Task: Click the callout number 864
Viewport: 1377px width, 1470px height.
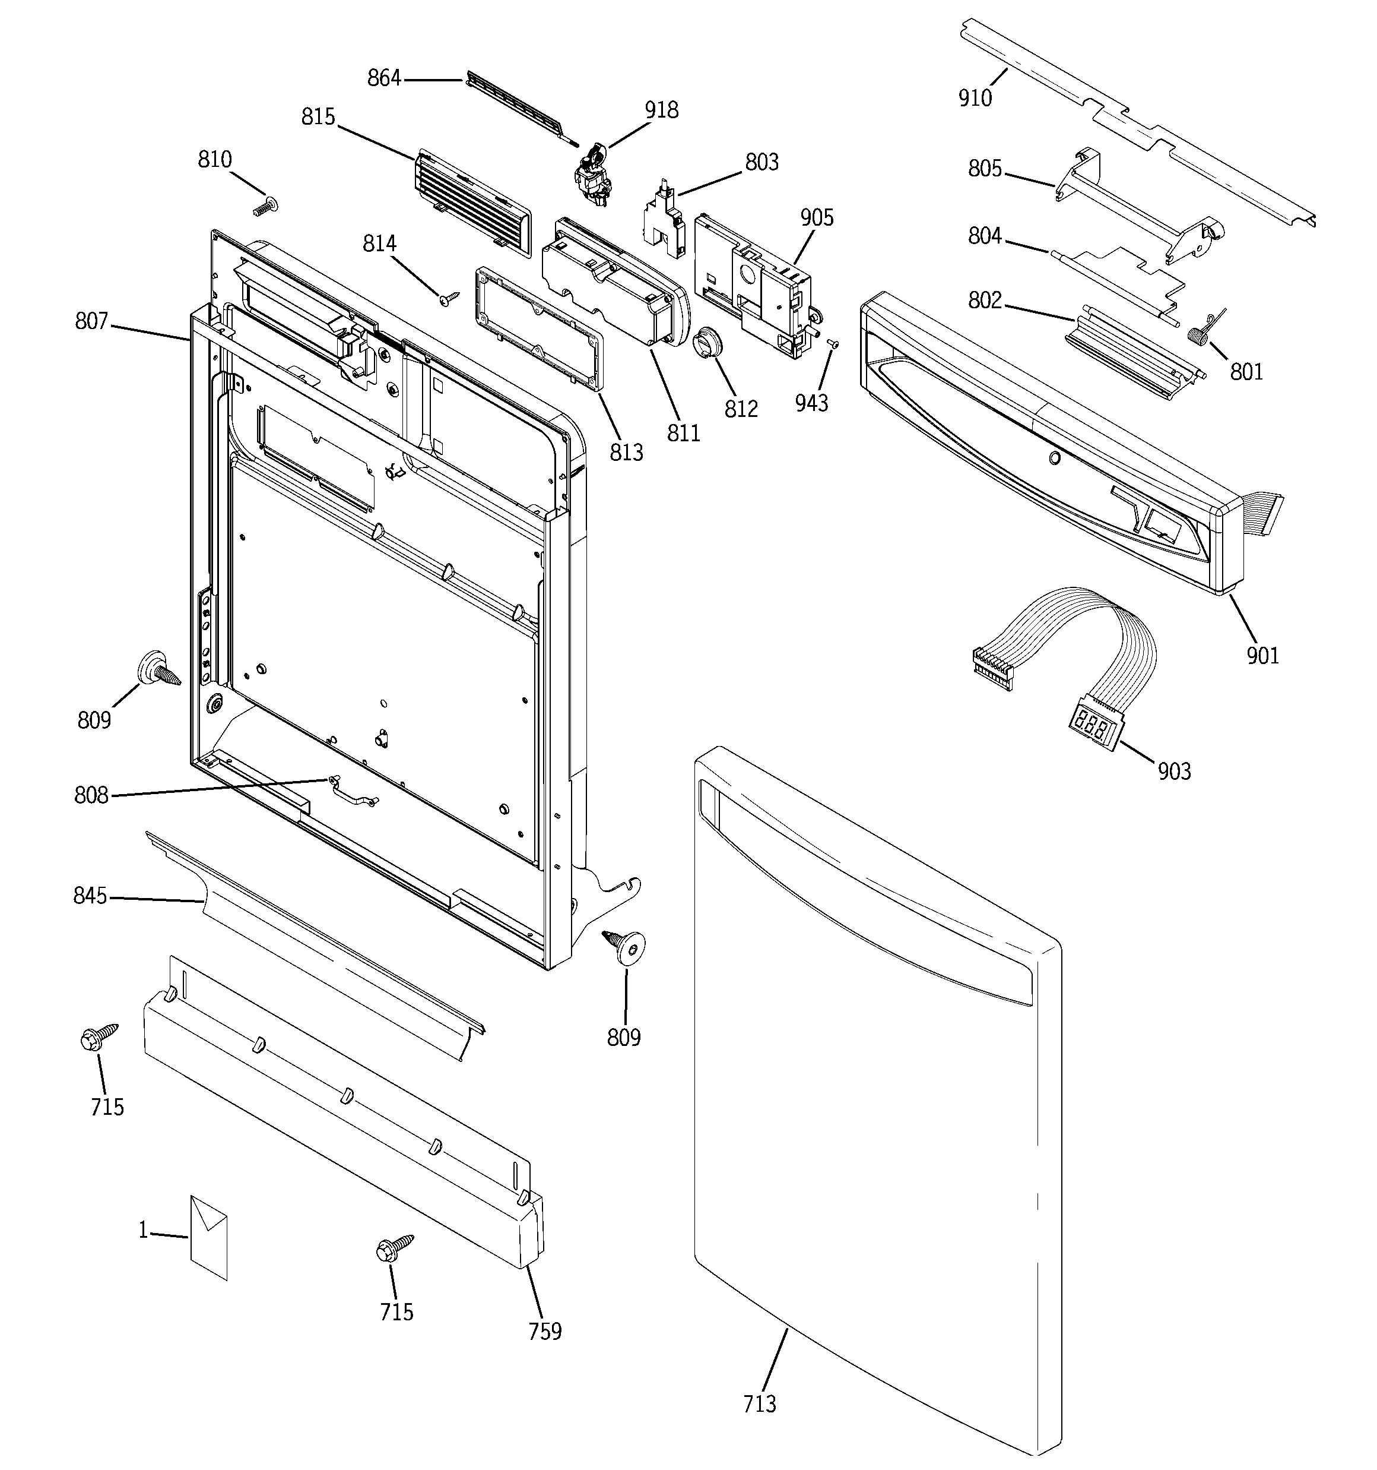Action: (383, 78)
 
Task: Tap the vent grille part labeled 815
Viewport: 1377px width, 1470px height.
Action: (473, 203)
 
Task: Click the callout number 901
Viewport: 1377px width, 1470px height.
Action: (1262, 655)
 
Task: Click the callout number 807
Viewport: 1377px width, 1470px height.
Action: (91, 322)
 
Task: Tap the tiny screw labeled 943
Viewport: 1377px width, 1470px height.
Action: (833, 343)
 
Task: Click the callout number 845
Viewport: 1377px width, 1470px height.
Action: (90, 896)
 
